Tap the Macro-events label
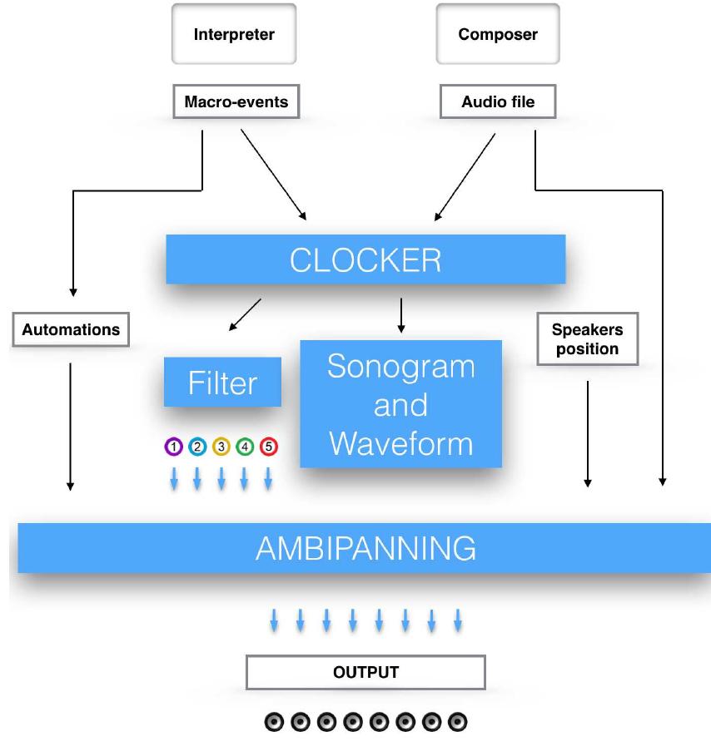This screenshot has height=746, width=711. point(235,101)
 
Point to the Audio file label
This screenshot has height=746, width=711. point(498,101)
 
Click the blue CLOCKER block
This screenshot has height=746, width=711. point(365,259)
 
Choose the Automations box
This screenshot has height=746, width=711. point(71,329)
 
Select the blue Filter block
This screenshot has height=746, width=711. point(222,383)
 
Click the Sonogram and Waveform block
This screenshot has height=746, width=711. point(400,404)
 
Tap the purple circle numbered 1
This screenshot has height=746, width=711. point(173,447)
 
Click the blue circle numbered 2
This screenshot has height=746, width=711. point(197,447)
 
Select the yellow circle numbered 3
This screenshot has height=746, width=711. point(221,447)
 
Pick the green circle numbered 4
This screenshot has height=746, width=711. point(245,447)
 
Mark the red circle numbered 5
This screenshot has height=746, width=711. point(268,447)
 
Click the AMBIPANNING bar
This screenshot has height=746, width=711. point(365,548)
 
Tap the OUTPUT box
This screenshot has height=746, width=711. point(365,672)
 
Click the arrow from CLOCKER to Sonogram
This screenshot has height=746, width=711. point(401,315)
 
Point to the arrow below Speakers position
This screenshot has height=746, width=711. point(588,432)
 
